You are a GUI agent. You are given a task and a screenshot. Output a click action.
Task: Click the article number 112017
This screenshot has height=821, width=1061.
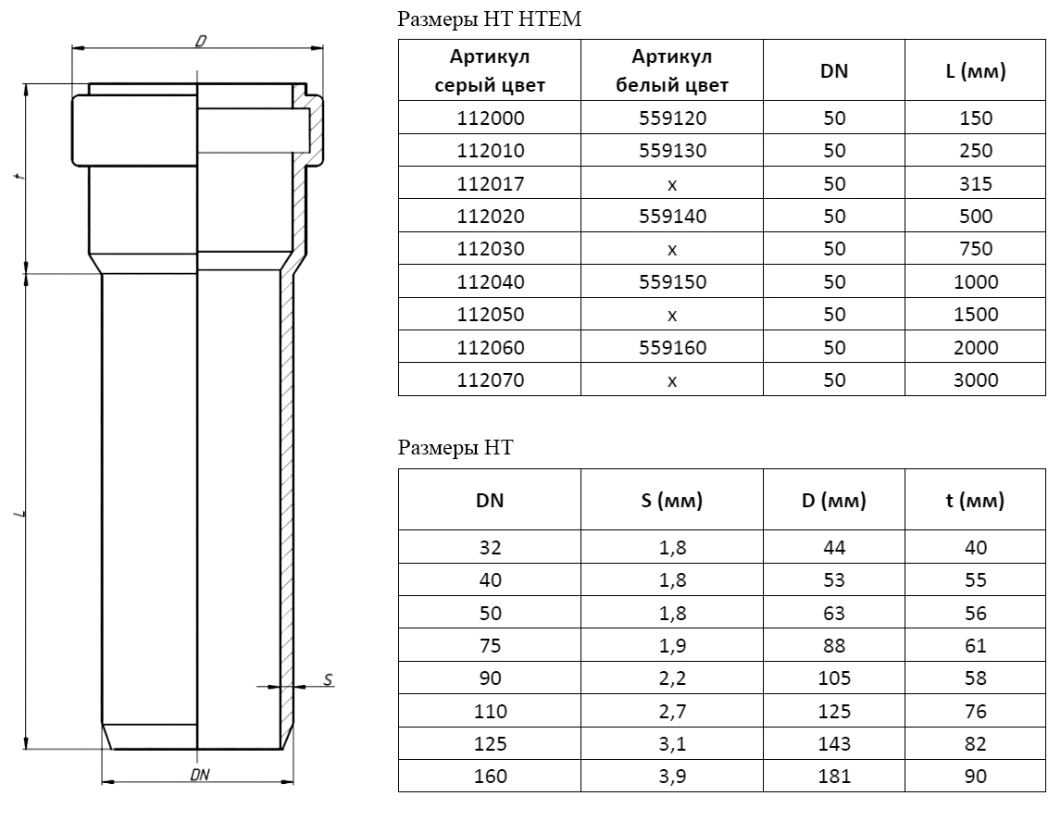(x=490, y=183)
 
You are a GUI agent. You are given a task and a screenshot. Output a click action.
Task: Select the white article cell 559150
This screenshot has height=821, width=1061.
(x=672, y=281)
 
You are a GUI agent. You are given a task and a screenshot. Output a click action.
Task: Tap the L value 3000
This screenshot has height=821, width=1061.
(x=975, y=380)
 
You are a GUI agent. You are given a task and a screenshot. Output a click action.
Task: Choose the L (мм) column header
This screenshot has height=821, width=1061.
(x=975, y=71)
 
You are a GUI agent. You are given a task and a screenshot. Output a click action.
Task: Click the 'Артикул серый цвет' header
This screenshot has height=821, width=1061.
(x=489, y=71)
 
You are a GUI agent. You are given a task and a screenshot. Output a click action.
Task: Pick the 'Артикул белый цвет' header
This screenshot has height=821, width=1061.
(x=671, y=71)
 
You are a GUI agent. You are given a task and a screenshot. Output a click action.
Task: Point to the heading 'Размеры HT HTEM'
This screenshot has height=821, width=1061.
(x=489, y=19)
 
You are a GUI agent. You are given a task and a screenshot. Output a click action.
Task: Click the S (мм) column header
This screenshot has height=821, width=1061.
(x=671, y=501)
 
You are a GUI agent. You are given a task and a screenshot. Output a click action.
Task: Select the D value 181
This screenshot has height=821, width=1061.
(x=833, y=777)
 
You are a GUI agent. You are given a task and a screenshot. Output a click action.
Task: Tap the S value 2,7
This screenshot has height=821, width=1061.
(x=672, y=711)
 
